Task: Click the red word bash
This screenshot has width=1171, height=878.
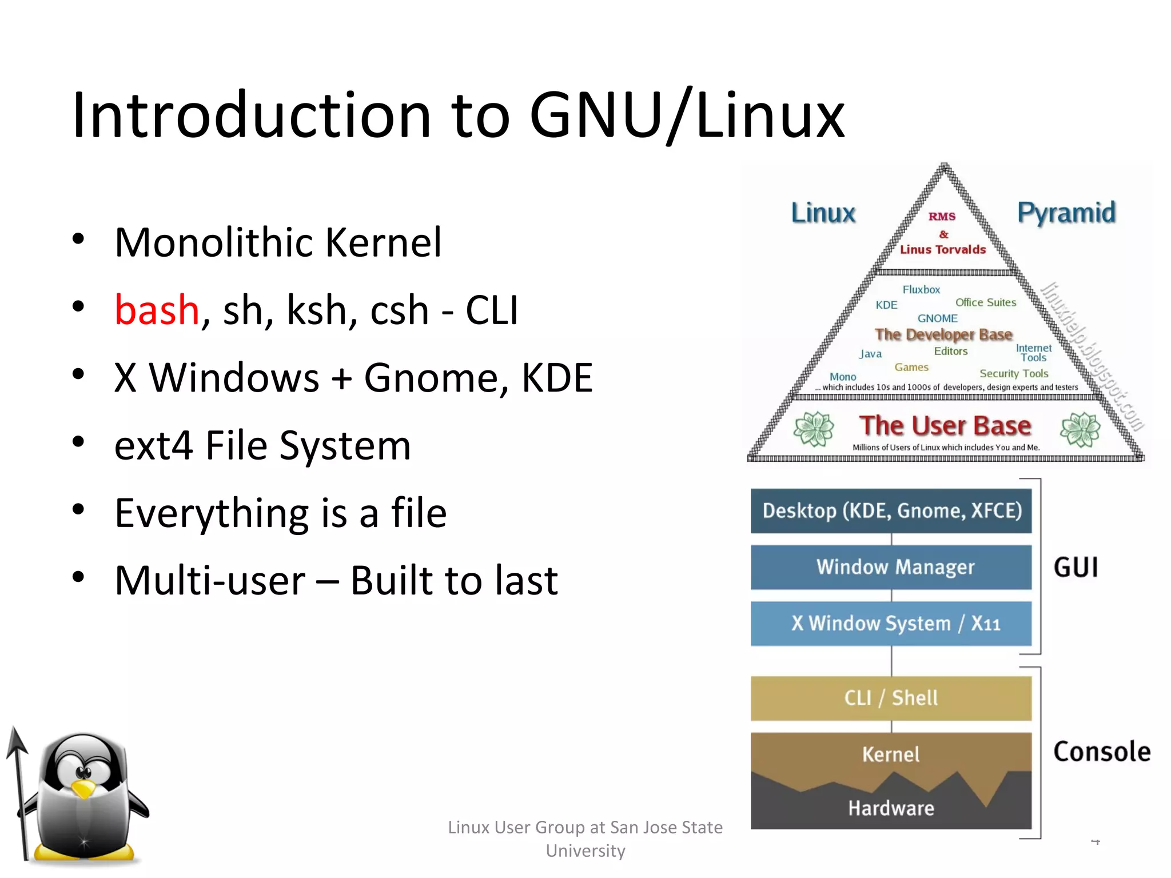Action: (x=157, y=310)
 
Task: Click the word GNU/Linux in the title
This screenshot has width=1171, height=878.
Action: (x=686, y=115)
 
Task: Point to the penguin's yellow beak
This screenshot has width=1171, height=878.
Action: (x=83, y=789)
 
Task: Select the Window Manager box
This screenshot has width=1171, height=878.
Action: (x=891, y=567)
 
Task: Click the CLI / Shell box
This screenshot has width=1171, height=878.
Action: (x=891, y=698)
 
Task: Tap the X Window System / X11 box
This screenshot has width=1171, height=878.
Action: (x=891, y=623)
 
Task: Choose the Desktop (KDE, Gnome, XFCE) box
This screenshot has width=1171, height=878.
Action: (x=891, y=510)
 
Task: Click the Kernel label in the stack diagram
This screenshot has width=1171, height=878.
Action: (x=891, y=755)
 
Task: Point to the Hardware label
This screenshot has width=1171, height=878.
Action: (x=891, y=808)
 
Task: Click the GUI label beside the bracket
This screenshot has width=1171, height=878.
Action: (x=1076, y=568)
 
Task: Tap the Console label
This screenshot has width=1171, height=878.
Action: (x=1101, y=751)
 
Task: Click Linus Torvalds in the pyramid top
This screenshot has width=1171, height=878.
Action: (x=943, y=249)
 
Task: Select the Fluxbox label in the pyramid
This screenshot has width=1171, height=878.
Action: (x=921, y=290)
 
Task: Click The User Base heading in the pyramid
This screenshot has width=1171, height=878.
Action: (x=945, y=426)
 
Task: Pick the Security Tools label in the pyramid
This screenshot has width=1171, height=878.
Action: (x=1014, y=373)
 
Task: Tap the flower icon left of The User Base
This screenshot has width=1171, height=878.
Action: (x=814, y=429)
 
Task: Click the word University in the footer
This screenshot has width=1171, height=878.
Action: (x=585, y=851)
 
